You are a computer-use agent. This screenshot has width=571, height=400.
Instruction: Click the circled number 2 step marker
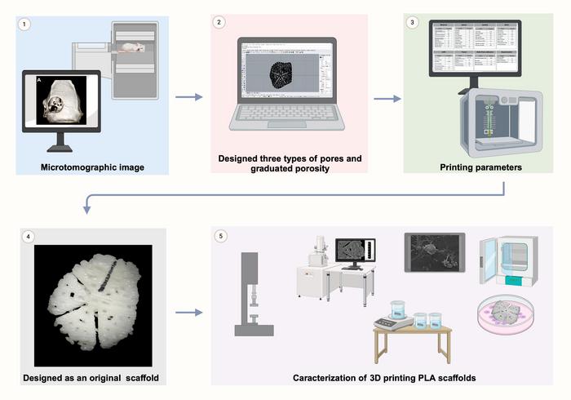click(219, 22)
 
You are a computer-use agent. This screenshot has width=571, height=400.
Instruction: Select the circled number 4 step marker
click(29, 238)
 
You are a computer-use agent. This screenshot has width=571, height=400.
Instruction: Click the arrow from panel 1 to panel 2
click(189, 98)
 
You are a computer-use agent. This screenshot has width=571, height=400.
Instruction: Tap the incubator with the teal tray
click(511, 261)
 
